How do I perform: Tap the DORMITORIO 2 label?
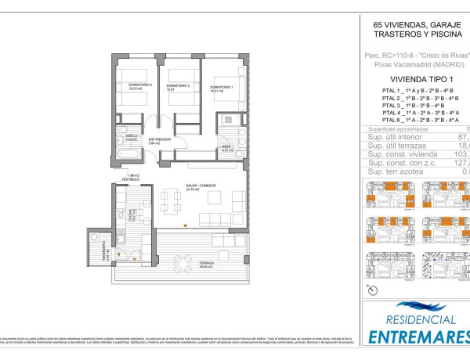(x=179, y=85)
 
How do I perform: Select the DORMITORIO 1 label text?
(x=221, y=87)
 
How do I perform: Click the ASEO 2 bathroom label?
(x=132, y=136)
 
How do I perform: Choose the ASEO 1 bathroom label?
(x=226, y=146)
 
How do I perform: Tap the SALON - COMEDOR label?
(x=201, y=186)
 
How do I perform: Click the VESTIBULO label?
(x=130, y=179)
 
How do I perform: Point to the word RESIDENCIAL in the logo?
(x=415, y=320)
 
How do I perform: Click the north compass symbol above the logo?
(x=372, y=290)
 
